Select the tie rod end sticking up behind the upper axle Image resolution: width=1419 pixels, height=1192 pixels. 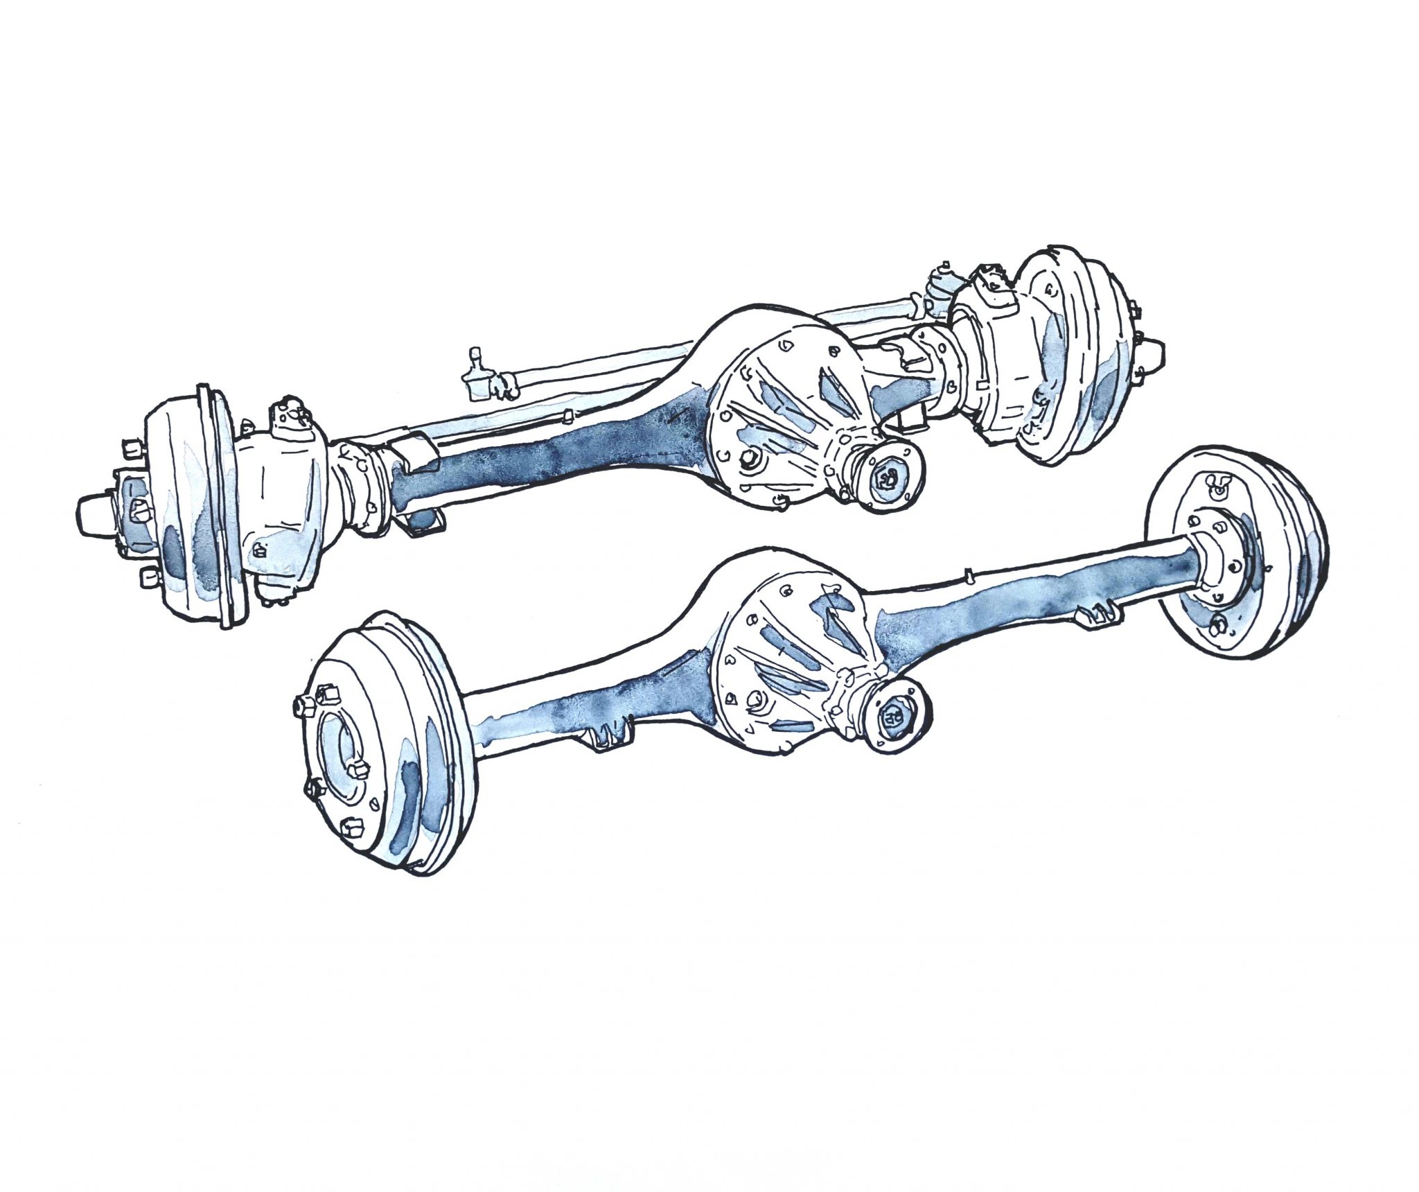pyautogui.click(x=478, y=378)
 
